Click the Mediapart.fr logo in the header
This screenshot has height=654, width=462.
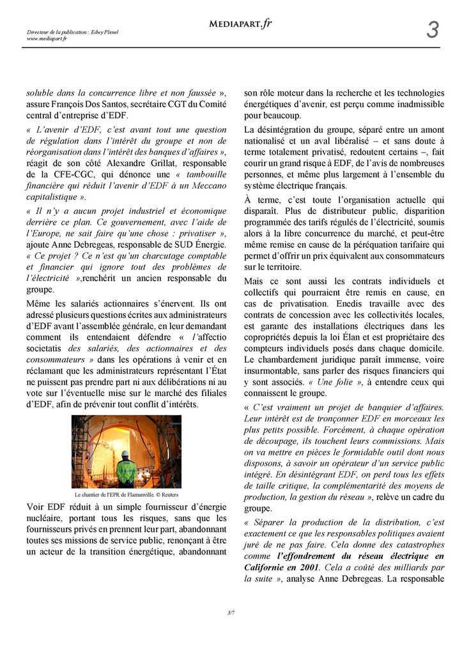tap(240, 24)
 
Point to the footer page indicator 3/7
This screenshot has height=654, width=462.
tap(231, 613)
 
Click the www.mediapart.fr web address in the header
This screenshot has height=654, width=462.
tap(47, 38)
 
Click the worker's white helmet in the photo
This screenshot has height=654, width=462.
tap(126, 454)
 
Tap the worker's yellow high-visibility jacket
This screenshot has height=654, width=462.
tap(127, 471)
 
